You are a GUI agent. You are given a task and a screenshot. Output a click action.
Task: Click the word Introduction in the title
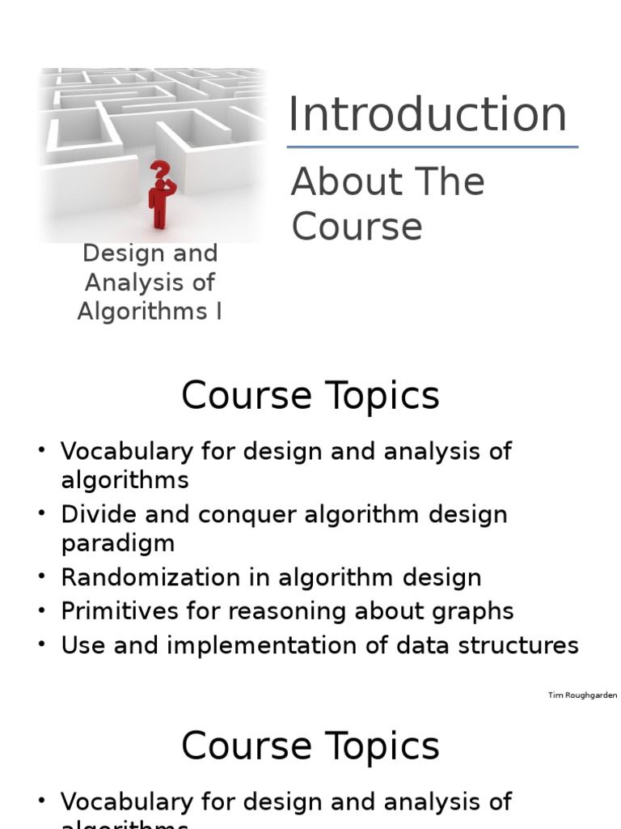point(427,114)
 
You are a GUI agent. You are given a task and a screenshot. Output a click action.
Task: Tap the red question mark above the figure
point(161,172)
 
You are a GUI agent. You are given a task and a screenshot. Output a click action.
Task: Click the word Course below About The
point(357,227)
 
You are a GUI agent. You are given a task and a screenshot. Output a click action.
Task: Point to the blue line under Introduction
point(433,147)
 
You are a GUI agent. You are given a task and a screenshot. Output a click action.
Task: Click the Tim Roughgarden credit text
point(582,695)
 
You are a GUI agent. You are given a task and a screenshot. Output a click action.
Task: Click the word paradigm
point(117,542)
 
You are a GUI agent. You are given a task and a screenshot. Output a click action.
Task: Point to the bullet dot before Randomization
point(41,577)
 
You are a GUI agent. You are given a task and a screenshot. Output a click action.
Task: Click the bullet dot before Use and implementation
point(41,645)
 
